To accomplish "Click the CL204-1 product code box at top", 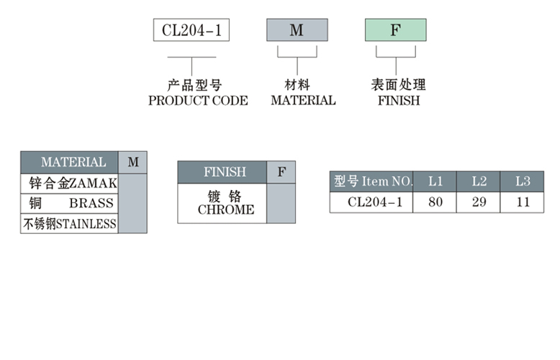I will [191, 30].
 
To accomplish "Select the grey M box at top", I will [297, 30].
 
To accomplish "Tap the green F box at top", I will [395, 30].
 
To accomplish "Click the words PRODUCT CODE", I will [198, 101].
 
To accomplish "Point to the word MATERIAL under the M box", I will [303, 101].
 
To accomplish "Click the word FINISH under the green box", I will [398, 101].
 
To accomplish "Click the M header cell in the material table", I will [133, 162].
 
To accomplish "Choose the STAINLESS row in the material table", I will [69, 224].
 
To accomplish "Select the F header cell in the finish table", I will [281, 172].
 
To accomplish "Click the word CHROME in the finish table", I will [225, 210].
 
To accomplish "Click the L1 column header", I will [435, 181].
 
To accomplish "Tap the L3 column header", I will [523, 181].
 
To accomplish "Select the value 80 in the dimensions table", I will [435, 202].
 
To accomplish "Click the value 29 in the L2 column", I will [479, 202].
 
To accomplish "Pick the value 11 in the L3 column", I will [523, 202].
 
